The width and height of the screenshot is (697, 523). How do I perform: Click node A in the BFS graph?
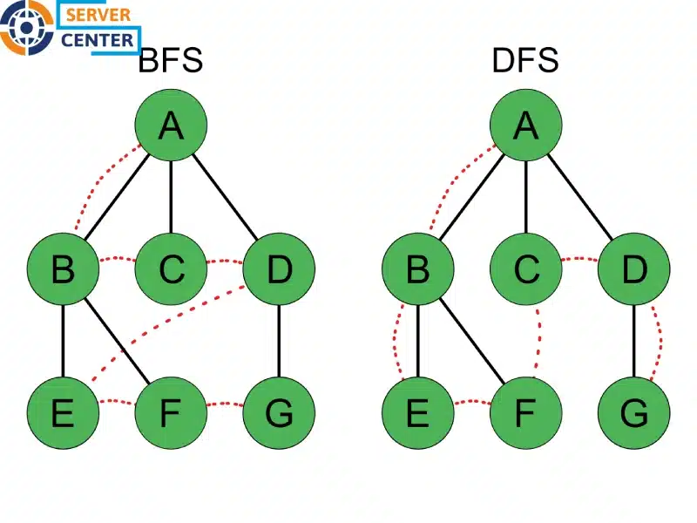[x=171, y=126]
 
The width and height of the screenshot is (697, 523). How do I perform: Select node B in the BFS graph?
[x=63, y=269]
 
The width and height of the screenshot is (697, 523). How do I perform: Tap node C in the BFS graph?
[x=171, y=269]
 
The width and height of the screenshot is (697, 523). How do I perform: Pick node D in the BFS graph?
[x=278, y=269]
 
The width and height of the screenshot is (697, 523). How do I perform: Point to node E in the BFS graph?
[x=63, y=412]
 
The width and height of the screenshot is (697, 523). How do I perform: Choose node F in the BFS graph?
[x=171, y=412]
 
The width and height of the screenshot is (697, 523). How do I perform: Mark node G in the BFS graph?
[x=278, y=412]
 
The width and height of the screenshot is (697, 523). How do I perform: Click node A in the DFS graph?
[x=526, y=126]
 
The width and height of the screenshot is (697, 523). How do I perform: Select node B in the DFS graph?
[x=418, y=269]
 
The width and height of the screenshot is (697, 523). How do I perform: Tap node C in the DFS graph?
[x=526, y=269]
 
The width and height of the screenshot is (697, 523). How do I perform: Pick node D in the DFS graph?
[x=634, y=269]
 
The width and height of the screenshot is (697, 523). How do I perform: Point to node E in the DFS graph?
[x=418, y=412]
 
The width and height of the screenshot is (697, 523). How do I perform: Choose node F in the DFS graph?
[x=526, y=412]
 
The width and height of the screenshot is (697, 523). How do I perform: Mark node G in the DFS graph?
[x=634, y=412]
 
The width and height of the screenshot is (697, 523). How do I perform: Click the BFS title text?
[x=171, y=61]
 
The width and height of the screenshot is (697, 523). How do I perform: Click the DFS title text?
[x=525, y=61]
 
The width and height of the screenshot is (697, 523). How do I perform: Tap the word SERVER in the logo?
[x=98, y=15]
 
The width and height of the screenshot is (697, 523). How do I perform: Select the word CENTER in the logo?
[x=98, y=39]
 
